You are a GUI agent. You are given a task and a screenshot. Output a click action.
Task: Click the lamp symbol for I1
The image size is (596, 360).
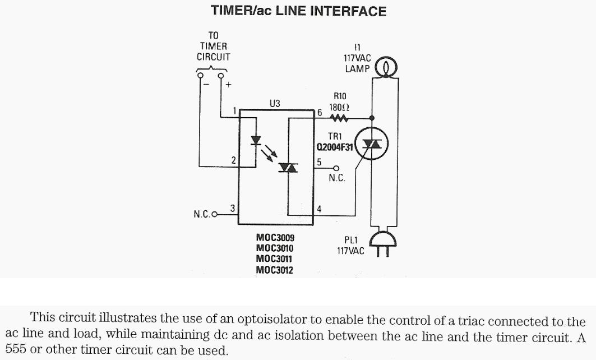tap(385, 68)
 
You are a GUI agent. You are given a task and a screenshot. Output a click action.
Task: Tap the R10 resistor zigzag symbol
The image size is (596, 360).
tap(339, 118)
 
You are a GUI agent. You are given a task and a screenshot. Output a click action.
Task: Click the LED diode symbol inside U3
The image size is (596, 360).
tap(257, 140)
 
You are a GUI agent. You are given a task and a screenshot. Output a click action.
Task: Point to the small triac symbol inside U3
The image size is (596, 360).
tap(288, 167)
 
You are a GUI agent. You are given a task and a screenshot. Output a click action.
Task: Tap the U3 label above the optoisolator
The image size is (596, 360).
tap(275, 103)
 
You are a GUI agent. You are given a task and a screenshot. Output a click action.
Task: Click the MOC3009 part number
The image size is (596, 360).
tap(275, 238)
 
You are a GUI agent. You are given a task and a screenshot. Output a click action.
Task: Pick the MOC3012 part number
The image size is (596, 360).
tap(275, 270)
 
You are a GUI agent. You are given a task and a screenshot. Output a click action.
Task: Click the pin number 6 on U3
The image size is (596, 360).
tap(320, 112)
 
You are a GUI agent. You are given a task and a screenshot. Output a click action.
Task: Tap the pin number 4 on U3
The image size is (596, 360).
tap(319, 209)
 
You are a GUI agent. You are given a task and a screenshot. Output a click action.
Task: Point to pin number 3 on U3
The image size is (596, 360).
tap(233, 208)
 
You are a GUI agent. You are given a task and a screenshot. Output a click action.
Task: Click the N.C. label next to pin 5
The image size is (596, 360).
tap(337, 178)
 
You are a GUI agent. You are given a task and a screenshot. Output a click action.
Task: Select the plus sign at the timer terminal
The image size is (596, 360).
tap(229, 85)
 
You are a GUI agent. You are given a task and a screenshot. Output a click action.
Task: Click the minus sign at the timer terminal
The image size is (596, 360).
tap(206, 85)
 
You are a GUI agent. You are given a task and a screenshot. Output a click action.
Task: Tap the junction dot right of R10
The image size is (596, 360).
tap(372, 118)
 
